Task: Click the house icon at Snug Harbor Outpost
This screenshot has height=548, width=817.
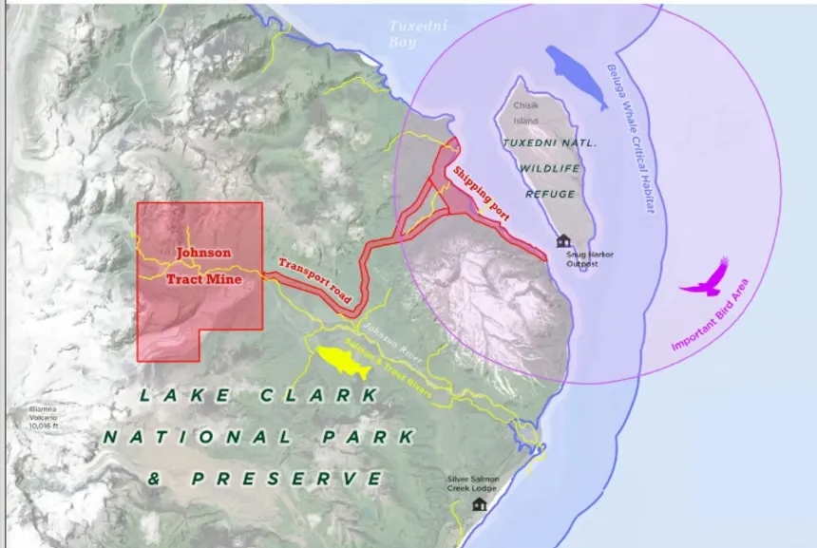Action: pyautogui.click(x=563, y=241)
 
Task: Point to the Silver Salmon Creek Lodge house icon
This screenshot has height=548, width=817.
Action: pyautogui.click(x=479, y=503)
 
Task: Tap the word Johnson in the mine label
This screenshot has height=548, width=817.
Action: pyautogui.click(x=201, y=253)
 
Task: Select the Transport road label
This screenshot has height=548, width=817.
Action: pyautogui.click(x=315, y=281)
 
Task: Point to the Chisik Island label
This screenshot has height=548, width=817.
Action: pyautogui.click(x=525, y=113)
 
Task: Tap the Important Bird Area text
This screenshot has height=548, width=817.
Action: pyautogui.click(x=712, y=319)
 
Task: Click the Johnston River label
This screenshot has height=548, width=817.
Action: pyautogui.click(x=395, y=344)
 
